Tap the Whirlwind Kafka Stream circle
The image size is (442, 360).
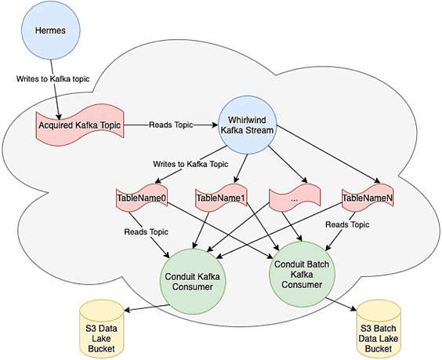tap(248, 124)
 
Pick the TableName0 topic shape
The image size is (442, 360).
tap(142, 199)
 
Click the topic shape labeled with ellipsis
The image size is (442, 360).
tap(295, 199)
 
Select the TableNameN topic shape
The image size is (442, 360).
tap(368, 199)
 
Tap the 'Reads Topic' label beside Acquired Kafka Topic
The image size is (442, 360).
tap(171, 124)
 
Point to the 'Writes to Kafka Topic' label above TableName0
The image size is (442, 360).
tap(179, 164)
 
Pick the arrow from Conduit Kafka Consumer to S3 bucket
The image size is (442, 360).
tap(141, 305)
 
